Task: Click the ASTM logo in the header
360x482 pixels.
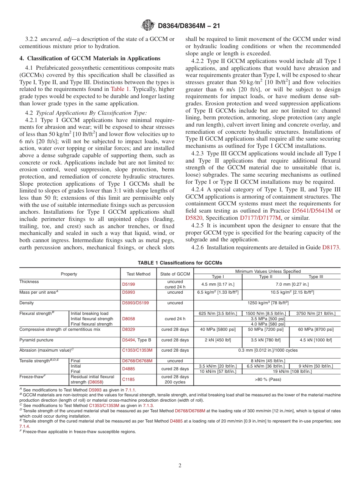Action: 148,26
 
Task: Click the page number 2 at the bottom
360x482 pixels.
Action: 180,465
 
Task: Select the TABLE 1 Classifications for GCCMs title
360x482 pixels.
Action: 180,263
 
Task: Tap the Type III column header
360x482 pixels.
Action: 316,277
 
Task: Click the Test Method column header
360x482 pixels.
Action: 138,274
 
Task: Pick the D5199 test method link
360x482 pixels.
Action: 128,284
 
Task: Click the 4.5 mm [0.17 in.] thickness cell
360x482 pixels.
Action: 218,284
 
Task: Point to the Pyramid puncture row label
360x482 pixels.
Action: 36,340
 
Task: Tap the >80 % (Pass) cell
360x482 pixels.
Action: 267,379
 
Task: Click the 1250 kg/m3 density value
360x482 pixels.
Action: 267,303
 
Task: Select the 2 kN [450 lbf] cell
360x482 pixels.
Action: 218,340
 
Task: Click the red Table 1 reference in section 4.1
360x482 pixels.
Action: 120,89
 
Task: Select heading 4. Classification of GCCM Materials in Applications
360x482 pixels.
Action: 90,58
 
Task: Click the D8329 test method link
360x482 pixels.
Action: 128,329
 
